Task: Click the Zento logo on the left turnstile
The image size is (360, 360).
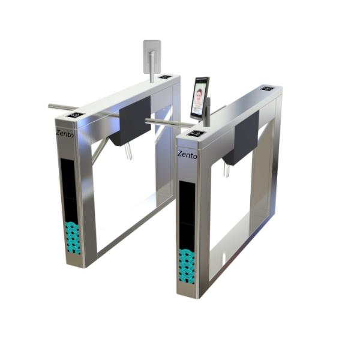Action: point(65,134)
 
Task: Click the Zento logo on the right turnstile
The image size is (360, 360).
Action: point(187,154)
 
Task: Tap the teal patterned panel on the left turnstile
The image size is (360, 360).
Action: point(73,238)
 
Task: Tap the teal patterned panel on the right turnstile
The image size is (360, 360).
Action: point(187,265)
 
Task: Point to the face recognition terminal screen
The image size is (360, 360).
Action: point(200,98)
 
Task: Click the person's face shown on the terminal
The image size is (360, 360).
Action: point(199,95)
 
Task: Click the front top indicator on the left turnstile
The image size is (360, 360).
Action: point(74,115)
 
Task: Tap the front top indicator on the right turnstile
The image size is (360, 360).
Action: point(196,133)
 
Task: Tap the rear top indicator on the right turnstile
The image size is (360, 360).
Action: point(268,89)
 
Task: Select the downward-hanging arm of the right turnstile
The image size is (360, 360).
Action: point(226,170)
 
